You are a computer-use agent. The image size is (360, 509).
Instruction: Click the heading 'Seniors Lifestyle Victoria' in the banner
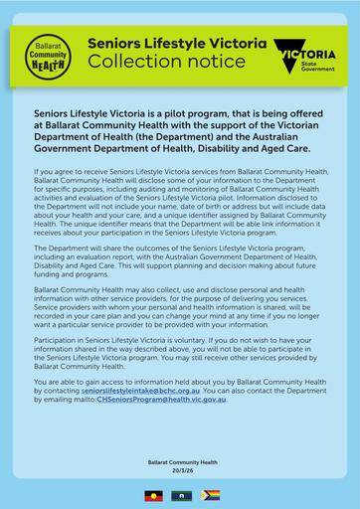(177, 45)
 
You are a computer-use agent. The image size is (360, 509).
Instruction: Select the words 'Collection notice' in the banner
(165, 63)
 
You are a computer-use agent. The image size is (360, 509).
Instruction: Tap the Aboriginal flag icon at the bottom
(153, 494)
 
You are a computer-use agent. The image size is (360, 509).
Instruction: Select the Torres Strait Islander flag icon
(180, 494)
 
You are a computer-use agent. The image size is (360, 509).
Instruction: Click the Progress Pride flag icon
(207, 494)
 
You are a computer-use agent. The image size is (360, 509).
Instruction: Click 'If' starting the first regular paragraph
(37, 172)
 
